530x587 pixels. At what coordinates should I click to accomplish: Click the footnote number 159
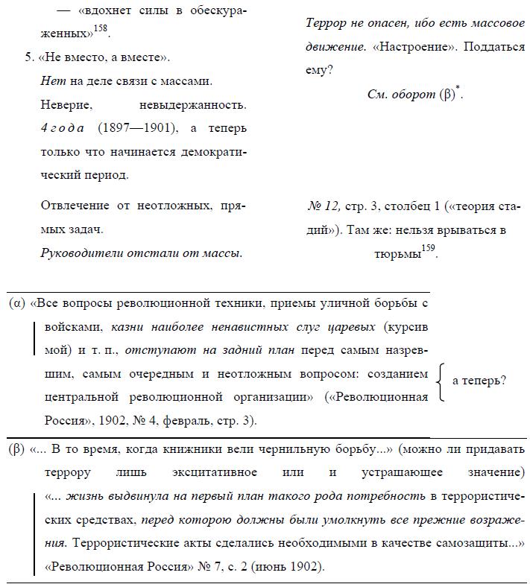427,248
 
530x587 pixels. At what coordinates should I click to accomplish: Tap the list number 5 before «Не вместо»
29,57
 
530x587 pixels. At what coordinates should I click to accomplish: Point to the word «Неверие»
65,104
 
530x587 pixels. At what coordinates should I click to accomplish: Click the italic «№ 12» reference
324,206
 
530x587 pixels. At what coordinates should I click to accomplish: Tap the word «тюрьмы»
397,253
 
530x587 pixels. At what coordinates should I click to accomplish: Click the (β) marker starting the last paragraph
17,450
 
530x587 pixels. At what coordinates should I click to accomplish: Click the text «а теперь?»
479,381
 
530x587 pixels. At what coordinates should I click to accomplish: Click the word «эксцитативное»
217,473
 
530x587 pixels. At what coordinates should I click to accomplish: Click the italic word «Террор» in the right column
324,23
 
